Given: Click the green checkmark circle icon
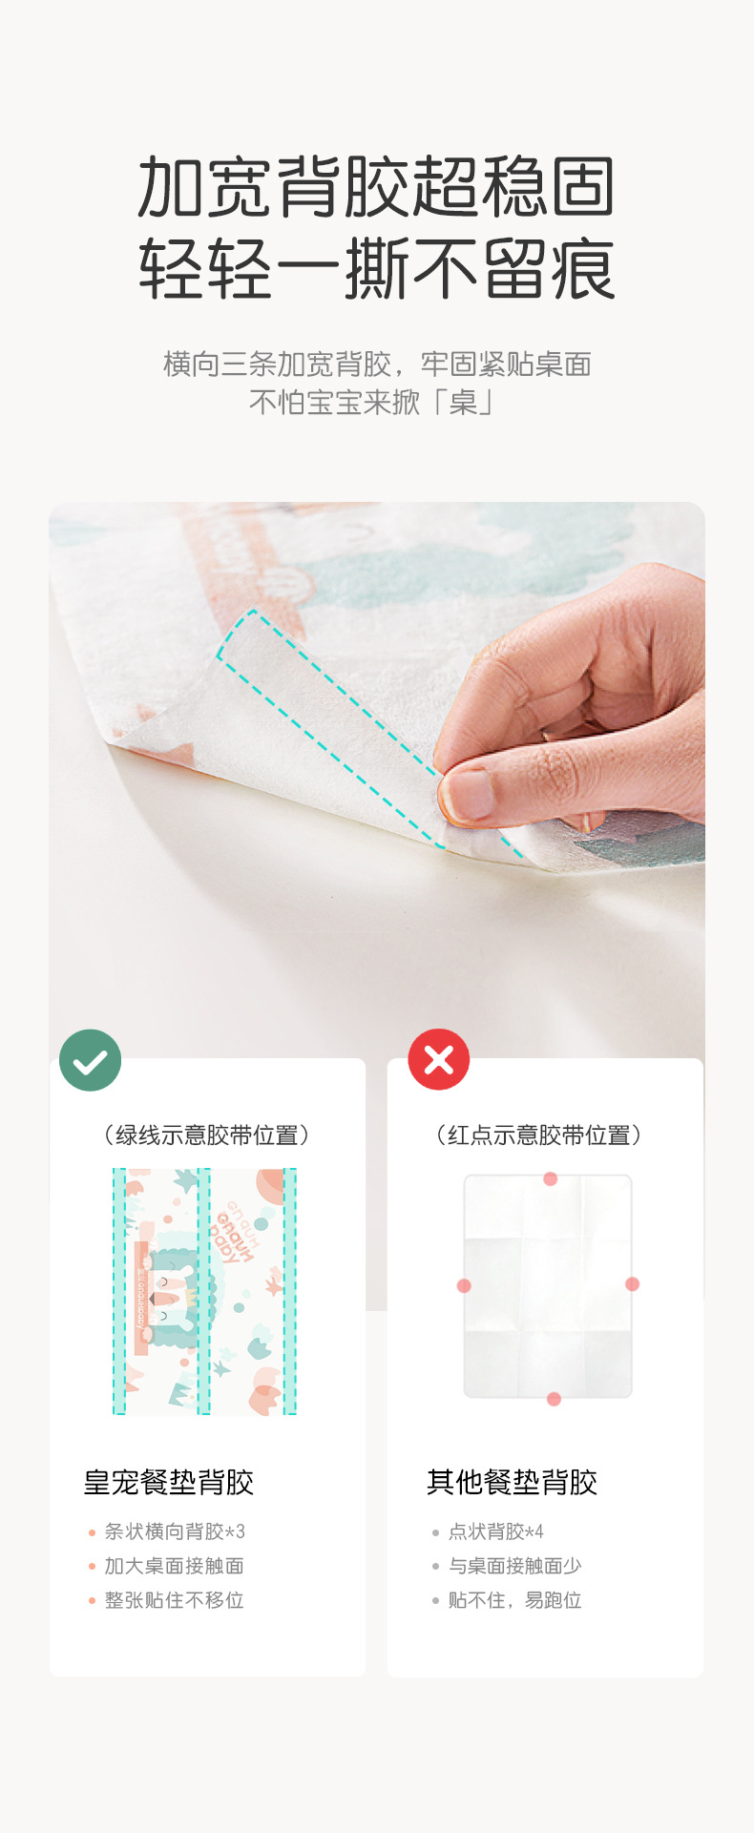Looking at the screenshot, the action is coord(90,1060).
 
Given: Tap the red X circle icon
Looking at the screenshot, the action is coord(439,1059).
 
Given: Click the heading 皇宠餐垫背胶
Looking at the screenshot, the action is coord(169,1482).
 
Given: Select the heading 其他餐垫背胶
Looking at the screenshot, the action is coord(513,1482).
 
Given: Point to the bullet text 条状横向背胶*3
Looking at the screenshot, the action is coord(175,1531).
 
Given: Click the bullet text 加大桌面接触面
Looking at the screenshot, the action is coord(175,1566).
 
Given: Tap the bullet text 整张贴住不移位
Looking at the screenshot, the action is coord(175,1600).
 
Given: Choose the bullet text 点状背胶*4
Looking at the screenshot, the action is coord(496,1531).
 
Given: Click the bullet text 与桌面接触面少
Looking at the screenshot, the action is coord(515,1566).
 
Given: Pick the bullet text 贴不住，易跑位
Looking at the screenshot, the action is coord(515,1600).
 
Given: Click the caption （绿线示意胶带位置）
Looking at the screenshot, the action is coord(207,1135).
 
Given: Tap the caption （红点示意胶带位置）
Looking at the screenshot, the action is coord(539,1135).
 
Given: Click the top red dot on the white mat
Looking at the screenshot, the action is coord(551,1178).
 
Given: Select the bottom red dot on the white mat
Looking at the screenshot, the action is coord(554,1399).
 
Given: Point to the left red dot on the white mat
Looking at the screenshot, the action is coord(464,1285).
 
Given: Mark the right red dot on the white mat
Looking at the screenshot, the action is coord(632,1283).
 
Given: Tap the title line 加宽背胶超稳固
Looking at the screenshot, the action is coord(377,186).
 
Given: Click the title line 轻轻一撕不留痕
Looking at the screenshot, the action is coord(377,269).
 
